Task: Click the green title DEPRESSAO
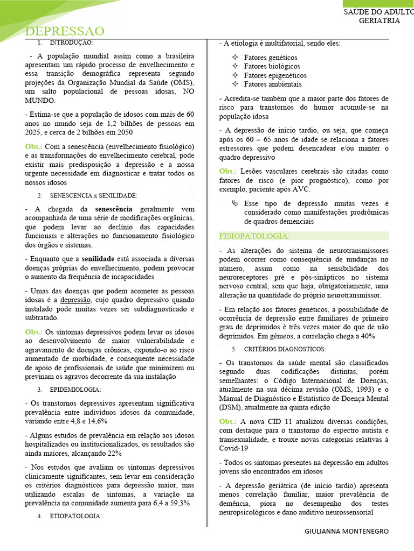(65, 31)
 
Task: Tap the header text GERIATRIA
(379, 20)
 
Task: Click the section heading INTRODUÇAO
(72, 43)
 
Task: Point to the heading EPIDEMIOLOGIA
(76, 389)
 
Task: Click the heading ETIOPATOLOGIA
(76, 516)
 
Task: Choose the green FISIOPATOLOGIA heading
(254, 236)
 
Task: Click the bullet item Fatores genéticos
(271, 58)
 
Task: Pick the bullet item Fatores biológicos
(271, 67)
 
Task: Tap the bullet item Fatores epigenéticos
(275, 75)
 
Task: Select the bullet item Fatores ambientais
(273, 84)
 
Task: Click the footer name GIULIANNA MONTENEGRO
(346, 531)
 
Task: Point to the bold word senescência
(113, 209)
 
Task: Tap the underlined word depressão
(75, 300)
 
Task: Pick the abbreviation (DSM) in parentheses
(230, 408)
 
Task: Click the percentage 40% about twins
(367, 336)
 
